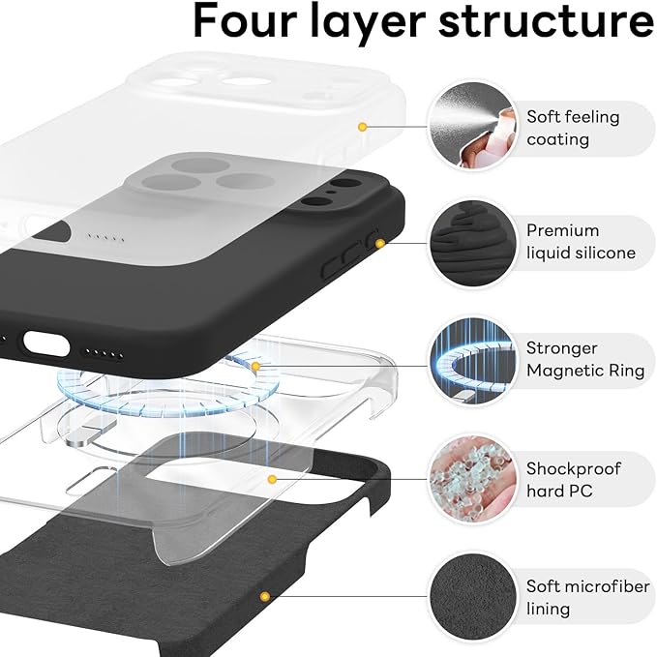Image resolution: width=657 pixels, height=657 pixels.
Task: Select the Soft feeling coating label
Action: (x=572, y=128)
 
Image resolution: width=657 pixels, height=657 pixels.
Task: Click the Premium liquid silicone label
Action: (x=581, y=242)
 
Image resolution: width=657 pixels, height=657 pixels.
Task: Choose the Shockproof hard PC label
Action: (x=574, y=479)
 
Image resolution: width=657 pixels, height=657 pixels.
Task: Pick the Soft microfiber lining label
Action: (x=582, y=597)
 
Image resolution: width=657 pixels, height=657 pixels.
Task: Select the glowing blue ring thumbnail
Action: (x=468, y=361)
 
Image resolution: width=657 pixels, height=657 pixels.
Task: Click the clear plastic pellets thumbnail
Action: (x=468, y=479)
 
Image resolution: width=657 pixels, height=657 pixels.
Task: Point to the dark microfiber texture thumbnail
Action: (x=468, y=597)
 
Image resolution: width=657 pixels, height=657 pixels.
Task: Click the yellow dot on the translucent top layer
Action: (x=362, y=127)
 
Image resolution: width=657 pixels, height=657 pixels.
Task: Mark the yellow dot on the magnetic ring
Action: (x=255, y=366)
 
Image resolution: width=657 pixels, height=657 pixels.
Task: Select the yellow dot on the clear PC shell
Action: (x=273, y=479)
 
